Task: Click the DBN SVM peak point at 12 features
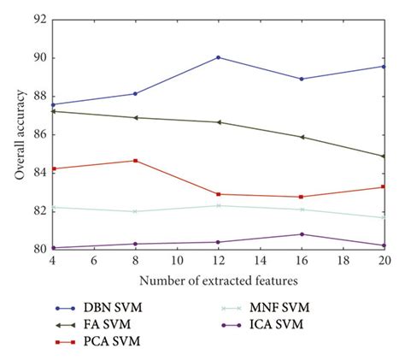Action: coord(219,57)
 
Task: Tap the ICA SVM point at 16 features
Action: coord(302,234)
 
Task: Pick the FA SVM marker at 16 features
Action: coord(302,137)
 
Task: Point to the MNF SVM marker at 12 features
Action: coord(219,205)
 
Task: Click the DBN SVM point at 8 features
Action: coord(135,93)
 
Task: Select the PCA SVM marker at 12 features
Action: coord(219,194)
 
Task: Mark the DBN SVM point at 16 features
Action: coord(302,79)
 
